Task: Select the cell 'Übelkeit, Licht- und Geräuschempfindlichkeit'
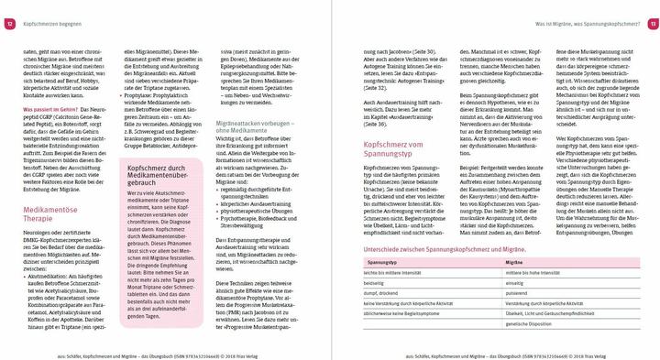(x=552, y=313)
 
